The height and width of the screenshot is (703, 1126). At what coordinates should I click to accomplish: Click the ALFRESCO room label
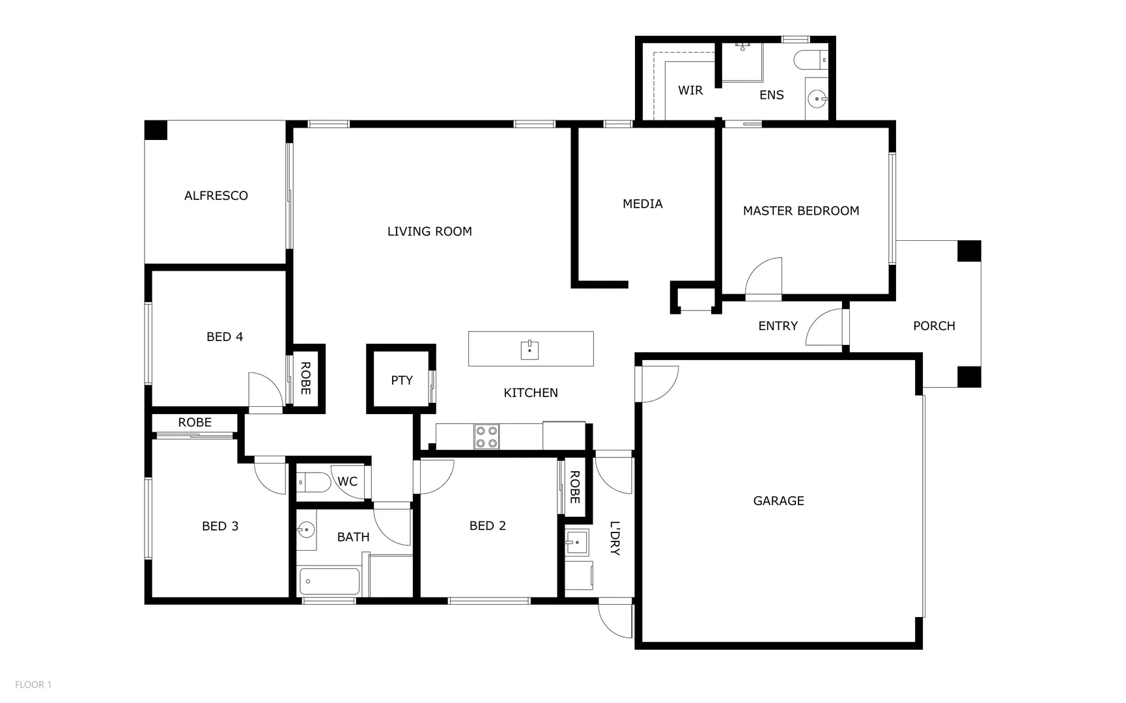tap(216, 195)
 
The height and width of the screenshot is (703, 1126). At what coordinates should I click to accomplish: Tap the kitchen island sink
tap(529, 350)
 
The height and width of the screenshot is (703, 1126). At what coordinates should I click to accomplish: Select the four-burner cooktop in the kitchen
tap(486, 436)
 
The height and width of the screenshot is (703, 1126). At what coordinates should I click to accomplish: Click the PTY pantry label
tap(401, 380)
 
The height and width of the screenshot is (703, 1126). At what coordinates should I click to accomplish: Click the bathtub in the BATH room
tap(329, 581)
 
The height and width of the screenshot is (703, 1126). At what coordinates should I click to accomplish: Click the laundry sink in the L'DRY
tap(576, 542)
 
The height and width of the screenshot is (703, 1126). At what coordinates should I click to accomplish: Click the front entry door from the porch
tap(826, 327)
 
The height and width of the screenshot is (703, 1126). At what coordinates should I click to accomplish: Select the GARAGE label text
tap(778, 501)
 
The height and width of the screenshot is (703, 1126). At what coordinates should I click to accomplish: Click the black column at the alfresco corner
tap(156, 130)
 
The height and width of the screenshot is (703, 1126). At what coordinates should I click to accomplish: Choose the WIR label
tap(690, 90)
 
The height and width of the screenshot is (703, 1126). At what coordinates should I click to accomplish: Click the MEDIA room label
tap(642, 204)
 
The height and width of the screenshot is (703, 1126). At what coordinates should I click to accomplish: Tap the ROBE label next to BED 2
tap(574, 487)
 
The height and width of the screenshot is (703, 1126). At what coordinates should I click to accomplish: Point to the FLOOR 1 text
tap(33, 684)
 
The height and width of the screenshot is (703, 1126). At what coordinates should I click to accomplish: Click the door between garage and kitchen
tap(658, 383)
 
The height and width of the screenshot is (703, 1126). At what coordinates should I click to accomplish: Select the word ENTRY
tap(778, 326)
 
